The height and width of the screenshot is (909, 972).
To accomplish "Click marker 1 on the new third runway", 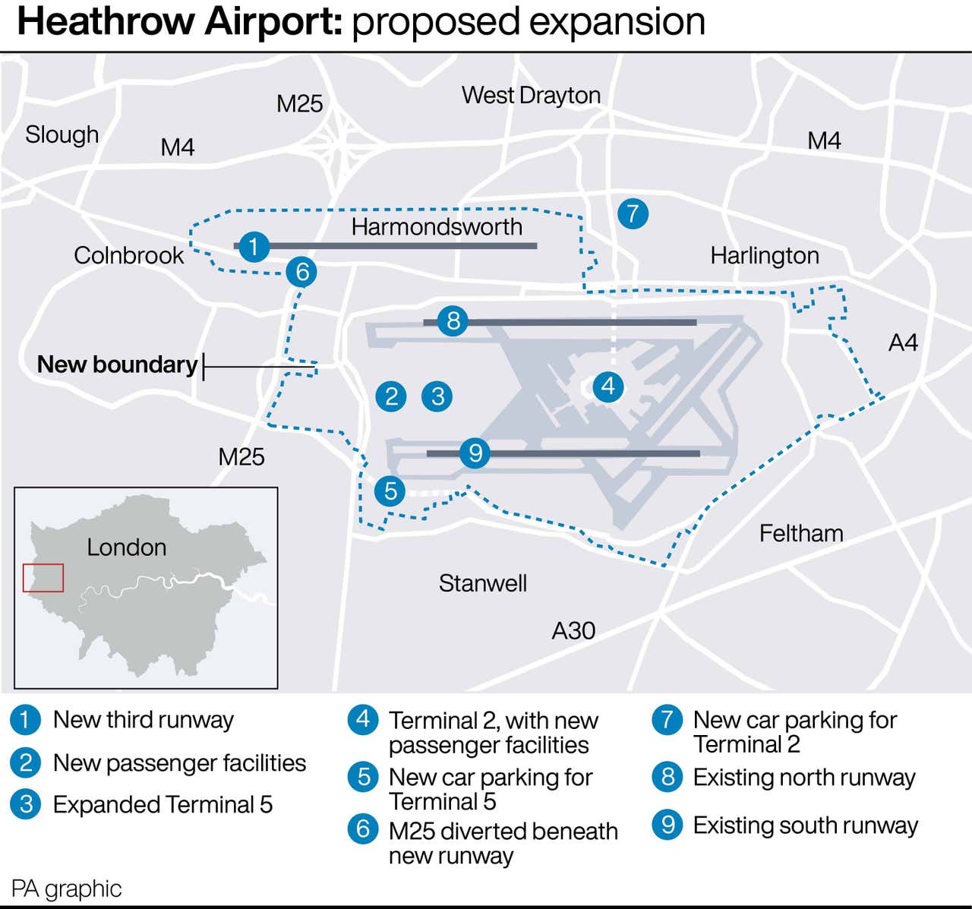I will click(254, 246).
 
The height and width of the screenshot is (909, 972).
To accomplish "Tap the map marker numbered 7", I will click(633, 213).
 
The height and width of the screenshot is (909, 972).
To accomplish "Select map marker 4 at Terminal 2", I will click(608, 387).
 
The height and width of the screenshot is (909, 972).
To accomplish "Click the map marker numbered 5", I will click(390, 491).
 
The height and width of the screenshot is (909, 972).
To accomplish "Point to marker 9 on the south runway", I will click(475, 453).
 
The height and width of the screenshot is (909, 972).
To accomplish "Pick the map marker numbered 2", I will click(392, 396).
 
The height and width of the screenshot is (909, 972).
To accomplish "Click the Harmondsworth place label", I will click(437, 226).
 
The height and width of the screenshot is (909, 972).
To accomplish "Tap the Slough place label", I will click(62, 134).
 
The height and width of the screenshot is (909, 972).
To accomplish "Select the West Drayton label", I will click(531, 96).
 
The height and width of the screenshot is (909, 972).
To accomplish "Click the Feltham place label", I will click(801, 533).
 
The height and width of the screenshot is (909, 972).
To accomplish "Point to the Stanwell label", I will click(482, 583).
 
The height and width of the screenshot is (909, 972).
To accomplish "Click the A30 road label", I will click(573, 630).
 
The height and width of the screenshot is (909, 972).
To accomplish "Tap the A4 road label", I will click(903, 342).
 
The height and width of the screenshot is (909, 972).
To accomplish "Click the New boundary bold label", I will click(117, 365).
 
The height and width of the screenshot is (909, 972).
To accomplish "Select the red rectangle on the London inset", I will click(43, 578).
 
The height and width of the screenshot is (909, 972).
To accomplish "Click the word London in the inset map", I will click(126, 547).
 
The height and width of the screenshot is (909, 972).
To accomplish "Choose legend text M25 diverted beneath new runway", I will click(502, 843).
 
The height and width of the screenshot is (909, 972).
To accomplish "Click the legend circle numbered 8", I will click(667, 777).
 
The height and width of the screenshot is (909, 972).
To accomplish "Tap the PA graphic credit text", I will click(66, 888).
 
